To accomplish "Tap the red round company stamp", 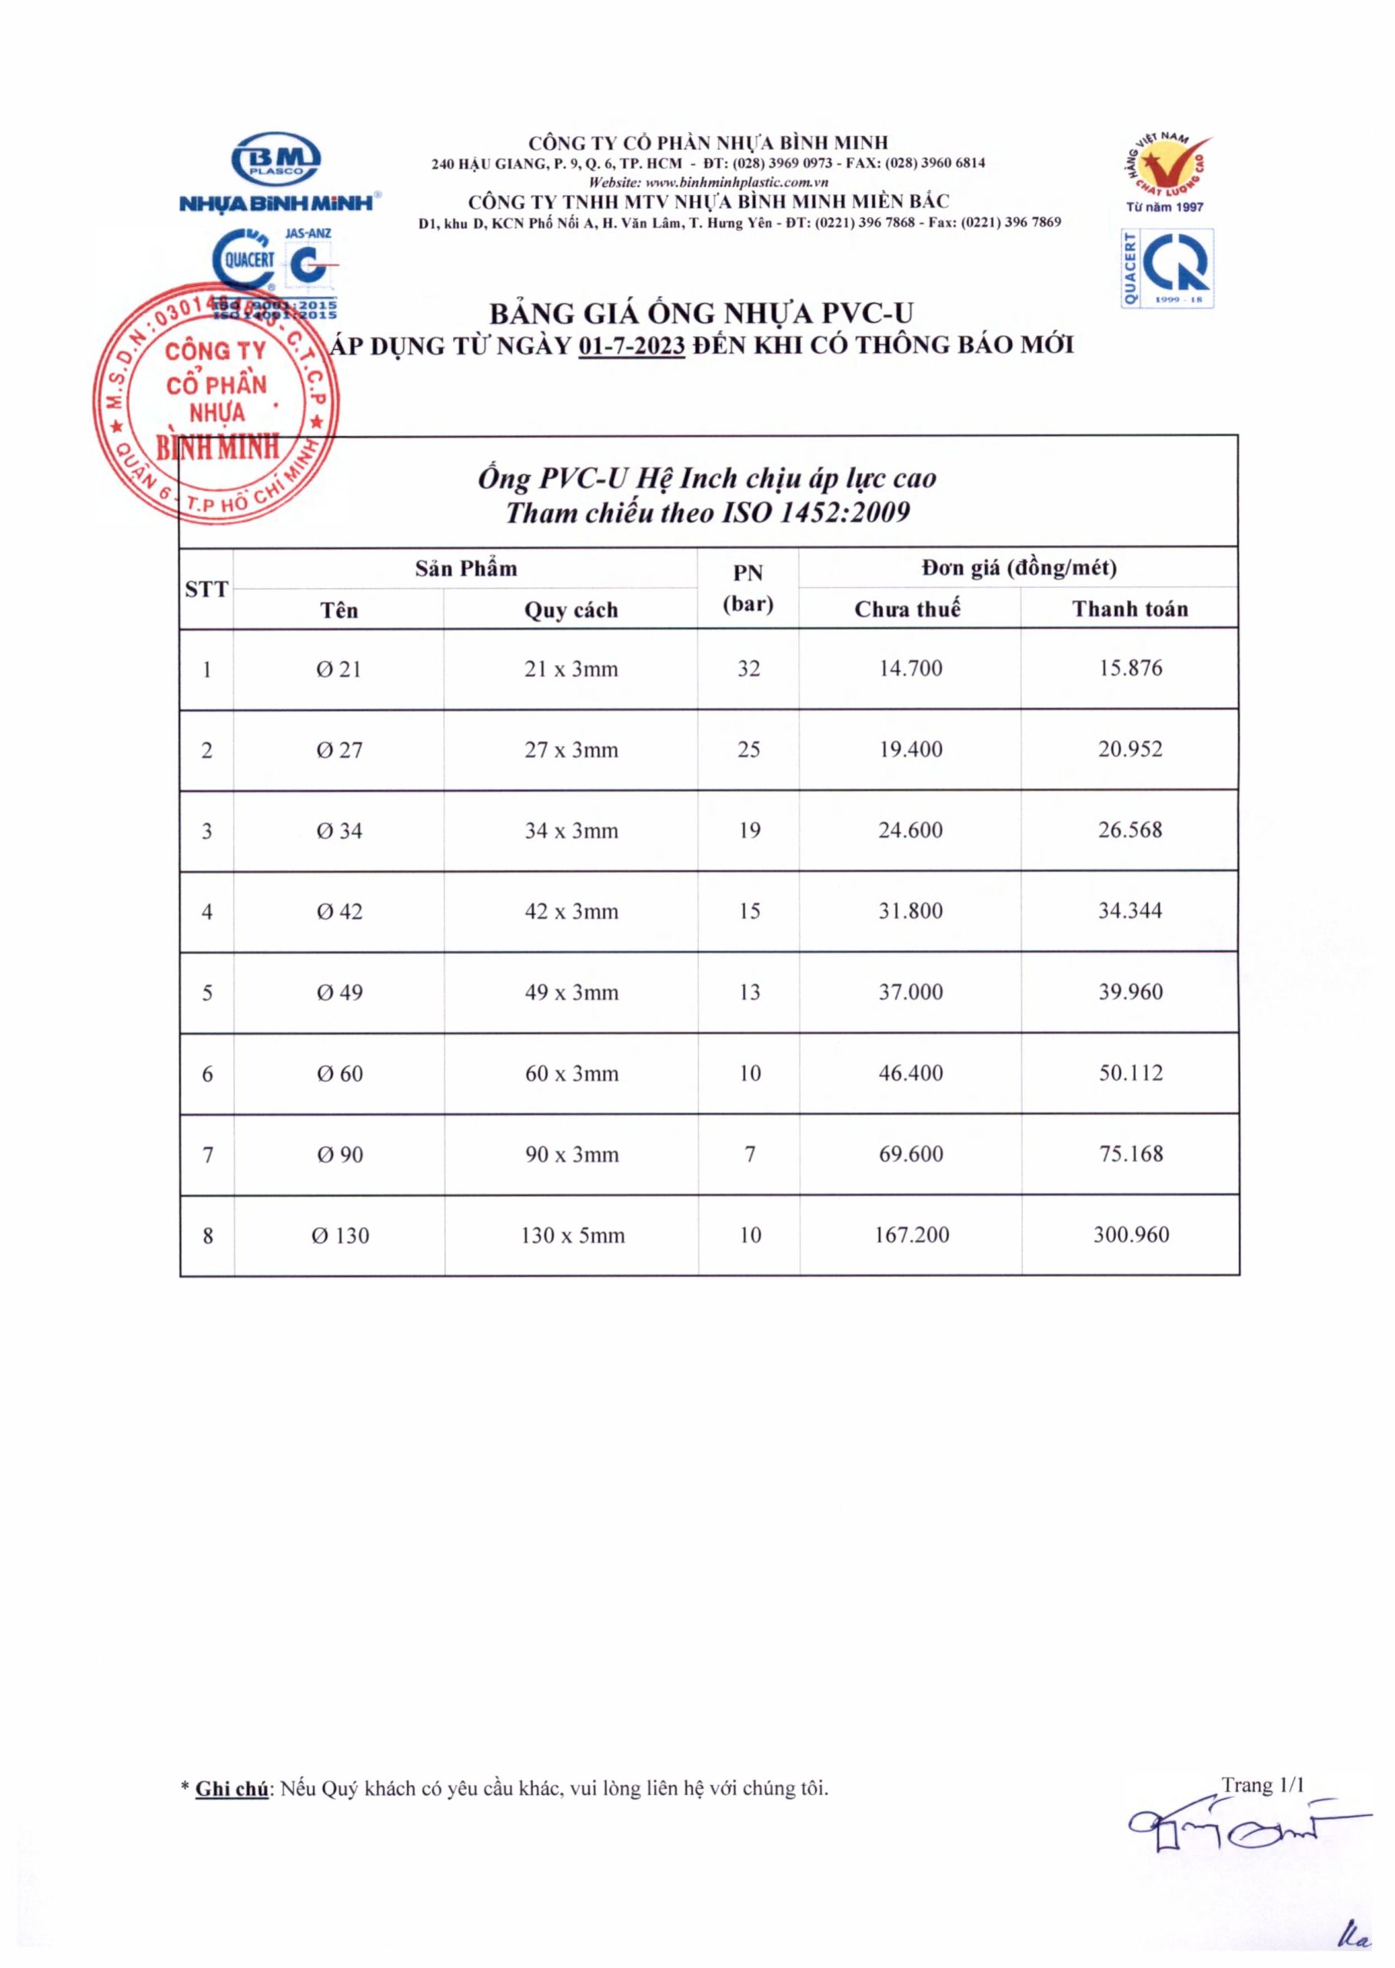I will (x=215, y=403).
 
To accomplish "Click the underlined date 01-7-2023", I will (x=631, y=346).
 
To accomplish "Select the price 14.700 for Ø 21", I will (x=910, y=668).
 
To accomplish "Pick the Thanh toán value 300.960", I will (x=1130, y=1235).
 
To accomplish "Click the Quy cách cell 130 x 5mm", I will (x=572, y=1235).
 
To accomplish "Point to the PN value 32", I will (x=748, y=668).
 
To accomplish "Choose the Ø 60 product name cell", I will (x=339, y=1073).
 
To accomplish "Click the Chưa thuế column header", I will (x=907, y=609).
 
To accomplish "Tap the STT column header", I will (x=206, y=589).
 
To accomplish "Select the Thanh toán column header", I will (x=1130, y=609).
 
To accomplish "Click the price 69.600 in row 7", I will (x=911, y=1154).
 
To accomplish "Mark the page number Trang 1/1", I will (x=1263, y=1784).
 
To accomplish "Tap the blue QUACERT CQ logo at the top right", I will (x=1167, y=268).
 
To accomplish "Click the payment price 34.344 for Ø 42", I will (x=1130, y=911).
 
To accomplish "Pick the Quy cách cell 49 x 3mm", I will (x=571, y=992).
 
